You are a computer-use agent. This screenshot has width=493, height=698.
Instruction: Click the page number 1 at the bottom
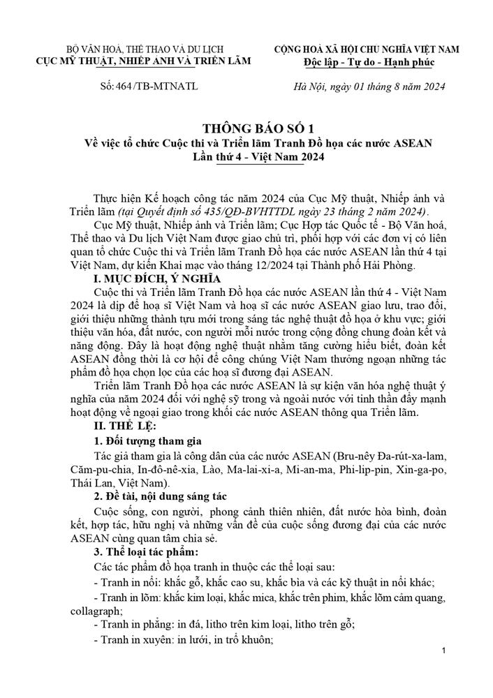click(444, 651)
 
